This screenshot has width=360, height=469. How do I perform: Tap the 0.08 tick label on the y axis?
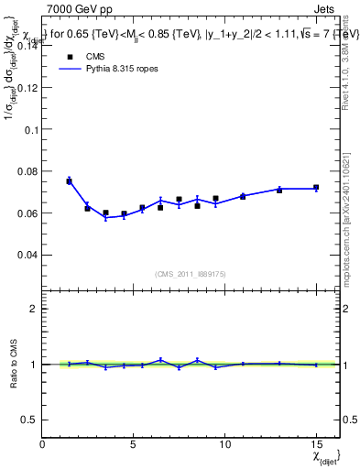coord(28,171)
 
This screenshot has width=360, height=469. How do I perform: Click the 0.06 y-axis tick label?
coord(28,213)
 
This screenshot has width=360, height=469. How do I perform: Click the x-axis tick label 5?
coord(134,443)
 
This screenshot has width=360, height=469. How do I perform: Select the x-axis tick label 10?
coord(224,443)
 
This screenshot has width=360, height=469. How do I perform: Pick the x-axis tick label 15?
coord(316,443)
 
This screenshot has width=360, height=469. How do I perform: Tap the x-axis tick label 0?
coord(43,443)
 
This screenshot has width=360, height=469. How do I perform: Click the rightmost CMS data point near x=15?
coord(316,188)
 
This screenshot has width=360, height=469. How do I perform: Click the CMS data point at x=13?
coord(279,191)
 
